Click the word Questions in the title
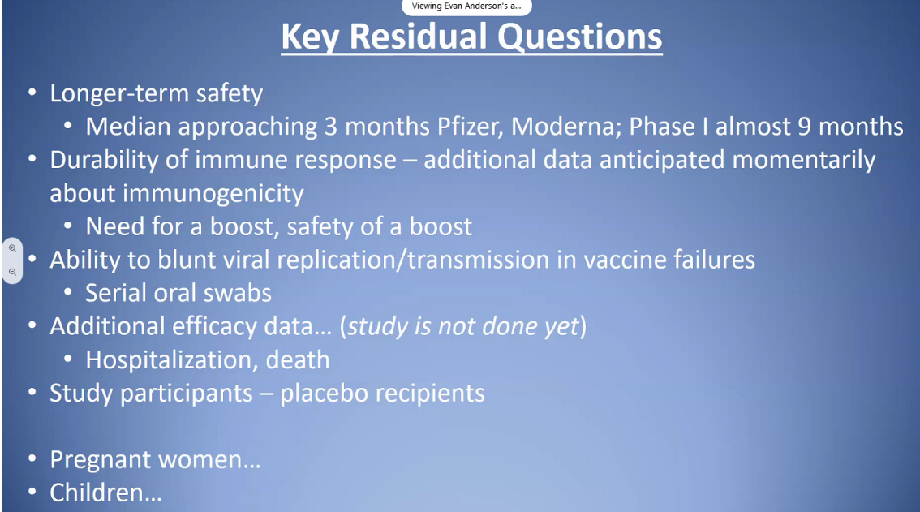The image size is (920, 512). [x=580, y=37]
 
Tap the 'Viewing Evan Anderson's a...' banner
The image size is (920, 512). [x=466, y=6]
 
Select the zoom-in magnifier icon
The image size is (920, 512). [x=12, y=248]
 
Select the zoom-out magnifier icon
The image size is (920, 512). [x=12, y=272]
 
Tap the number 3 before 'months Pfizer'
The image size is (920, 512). [x=331, y=127]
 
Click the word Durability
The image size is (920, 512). [x=104, y=161]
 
